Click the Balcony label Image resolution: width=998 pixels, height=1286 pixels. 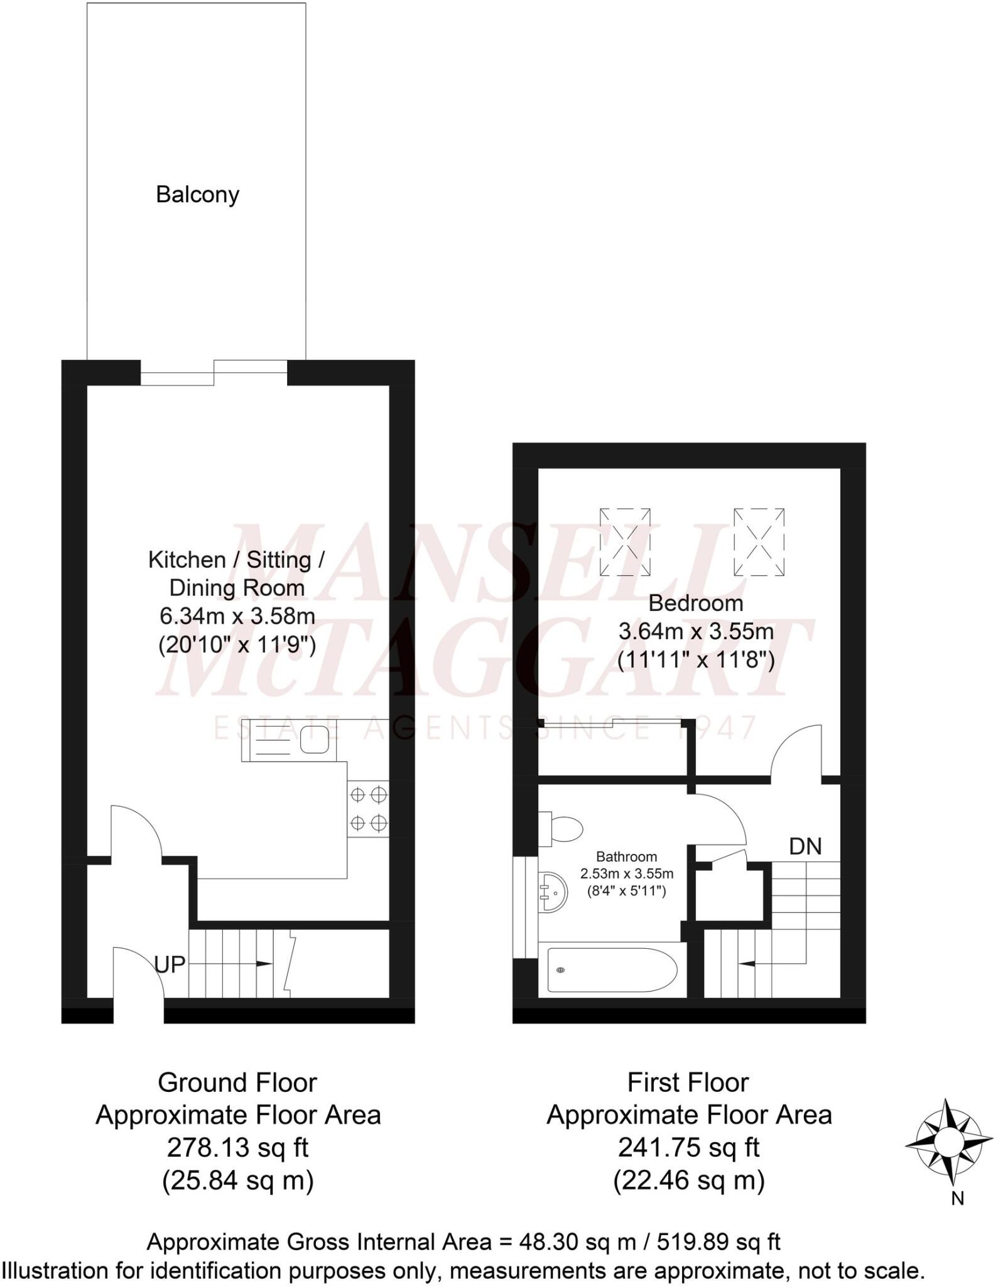pyautogui.click(x=197, y=195)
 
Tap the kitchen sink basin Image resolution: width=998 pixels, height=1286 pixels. pyautogui.click(x=314, y=739)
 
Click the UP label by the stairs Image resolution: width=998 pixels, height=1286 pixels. pyautogui.click(x=170, y=964)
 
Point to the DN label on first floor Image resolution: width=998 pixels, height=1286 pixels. pyautogui.click(x=805, y=847)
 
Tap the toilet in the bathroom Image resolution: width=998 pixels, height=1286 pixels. pyautogui.click(x=561, y=828)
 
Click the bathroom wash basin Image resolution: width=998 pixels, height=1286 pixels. pyautogui.click(x=553, y=890)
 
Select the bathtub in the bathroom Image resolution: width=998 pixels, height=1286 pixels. pyautogui.click(x=612, y=970)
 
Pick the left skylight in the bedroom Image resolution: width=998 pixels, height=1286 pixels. pyautogui.click(x=625, y=542)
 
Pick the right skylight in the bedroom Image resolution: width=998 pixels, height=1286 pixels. pyautogui.click(x=759, y=542)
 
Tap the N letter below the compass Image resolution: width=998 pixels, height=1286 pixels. pyautogui.click(x=957, y=1199)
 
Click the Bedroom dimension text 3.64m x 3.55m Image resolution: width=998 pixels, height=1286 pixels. pyautogui.click(x=696, y=631)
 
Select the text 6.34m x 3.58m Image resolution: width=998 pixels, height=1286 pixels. pyautogui.click(x=237, y=616)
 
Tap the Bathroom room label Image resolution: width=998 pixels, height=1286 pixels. pyautogui.click(x=626, y=856)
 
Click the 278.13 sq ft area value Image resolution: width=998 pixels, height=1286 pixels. pyautogui.click(x=237, y=1148)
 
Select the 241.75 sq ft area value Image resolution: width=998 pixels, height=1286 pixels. pyautogui.click(x=689, y=1148)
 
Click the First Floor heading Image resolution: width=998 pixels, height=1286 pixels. pyautogui.click(x=688, y=1083)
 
